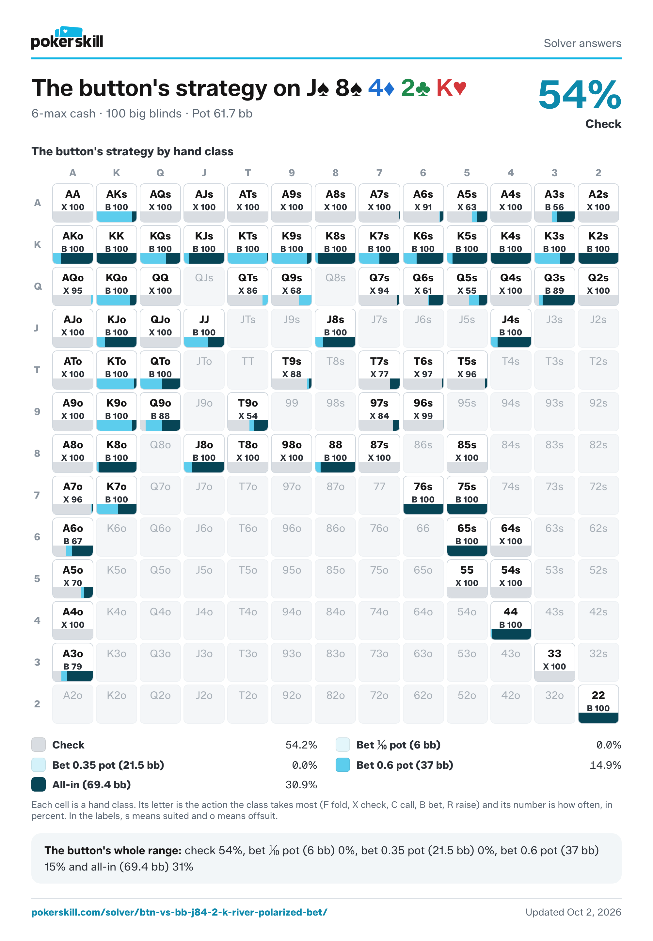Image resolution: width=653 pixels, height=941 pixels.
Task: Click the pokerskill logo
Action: pos(67,38)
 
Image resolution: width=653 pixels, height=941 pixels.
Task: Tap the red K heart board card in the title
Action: pos(451,88)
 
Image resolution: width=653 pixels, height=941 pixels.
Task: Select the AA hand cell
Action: pos(73,203)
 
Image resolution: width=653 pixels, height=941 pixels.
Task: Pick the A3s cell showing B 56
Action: pos(554,203)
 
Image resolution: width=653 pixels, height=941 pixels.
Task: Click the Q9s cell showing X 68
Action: pos(291,286)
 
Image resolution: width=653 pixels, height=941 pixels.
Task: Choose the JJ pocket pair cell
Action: pos(204,328)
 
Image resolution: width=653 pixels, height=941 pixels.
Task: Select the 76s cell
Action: pos(423,495)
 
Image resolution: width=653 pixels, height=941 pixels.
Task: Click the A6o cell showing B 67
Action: pos(73,537)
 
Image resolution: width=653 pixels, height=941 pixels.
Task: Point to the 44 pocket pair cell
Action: pos(511,620)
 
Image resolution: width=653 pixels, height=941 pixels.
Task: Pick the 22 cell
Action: pos(598,703)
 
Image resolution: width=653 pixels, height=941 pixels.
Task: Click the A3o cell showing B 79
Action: pos(73,662)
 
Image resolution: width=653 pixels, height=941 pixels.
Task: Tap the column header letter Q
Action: pos(160,173)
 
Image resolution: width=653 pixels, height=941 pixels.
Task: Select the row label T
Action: pos(37,370)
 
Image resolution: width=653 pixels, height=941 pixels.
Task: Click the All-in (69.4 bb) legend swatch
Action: pos(39,784)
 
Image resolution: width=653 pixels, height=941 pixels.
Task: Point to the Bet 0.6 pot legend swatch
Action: pos(343,765)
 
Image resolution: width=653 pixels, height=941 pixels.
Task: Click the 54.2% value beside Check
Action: pos(301,745)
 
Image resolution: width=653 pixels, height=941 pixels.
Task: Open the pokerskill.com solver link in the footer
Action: pos(179,912)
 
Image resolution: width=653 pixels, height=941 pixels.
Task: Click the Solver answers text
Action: pos(582,43)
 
